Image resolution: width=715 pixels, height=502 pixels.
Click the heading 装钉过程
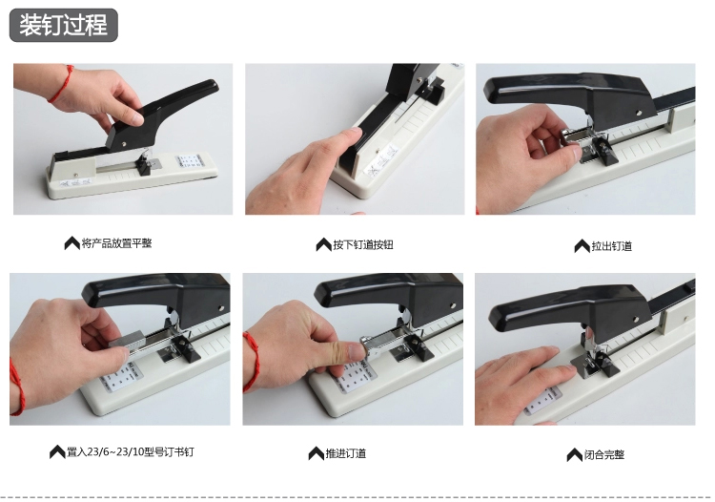point(63,25)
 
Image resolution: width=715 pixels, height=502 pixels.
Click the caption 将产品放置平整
point(116,243)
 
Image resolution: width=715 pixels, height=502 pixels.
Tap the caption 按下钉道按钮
point(363,244)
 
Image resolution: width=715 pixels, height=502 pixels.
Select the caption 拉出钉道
point(611,246)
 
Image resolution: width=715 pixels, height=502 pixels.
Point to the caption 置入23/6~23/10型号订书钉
point(131,451)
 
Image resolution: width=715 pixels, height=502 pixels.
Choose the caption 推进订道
point(346,453)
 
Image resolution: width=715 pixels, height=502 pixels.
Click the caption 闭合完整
point(604,454)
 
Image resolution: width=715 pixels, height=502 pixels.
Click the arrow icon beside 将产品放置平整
point(72,243)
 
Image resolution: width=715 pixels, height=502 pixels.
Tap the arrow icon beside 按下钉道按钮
point(324,244)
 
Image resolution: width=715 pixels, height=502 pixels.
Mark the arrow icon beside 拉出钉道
point(582,246)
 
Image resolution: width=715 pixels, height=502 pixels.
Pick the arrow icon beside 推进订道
point(316,453)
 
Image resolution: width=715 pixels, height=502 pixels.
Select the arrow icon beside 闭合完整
point(575,454)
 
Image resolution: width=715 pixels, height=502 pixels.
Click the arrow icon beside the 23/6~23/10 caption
point(57,451)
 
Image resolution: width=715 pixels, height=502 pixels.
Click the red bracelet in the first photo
point(63,84)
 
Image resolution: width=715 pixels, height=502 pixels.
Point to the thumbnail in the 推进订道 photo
point(356,352)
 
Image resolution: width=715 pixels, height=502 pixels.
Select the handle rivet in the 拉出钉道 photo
point(639,112)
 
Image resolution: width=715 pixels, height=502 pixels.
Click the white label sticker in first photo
point(190,160)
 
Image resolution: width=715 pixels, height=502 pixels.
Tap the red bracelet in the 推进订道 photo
point(252,362)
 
